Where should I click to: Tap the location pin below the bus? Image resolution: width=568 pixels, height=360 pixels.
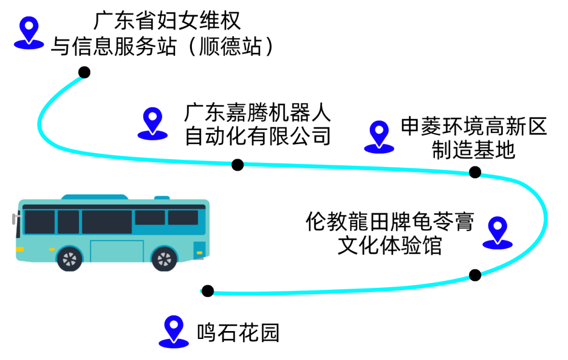pyautogui.click(x=174, y=330)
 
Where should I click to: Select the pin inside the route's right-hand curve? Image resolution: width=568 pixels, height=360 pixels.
pyautogui.click(x=498, y=231)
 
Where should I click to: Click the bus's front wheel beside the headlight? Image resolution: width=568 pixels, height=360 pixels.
pyautogui.click(x=69, y=258)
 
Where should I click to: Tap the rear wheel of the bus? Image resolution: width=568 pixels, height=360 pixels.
pyautogui.click(x=165, y=258)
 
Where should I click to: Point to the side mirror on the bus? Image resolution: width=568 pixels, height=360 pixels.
pyautogui.click(x=14, y=218)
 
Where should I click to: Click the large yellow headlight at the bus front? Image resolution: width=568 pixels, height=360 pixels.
pyautogui.click(x=19, y=249)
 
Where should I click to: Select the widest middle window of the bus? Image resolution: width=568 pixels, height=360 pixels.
pyautogui.click(x=107, y=222)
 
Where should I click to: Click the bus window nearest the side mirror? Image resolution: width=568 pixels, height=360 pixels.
pyautogui.click(x=39, y=222)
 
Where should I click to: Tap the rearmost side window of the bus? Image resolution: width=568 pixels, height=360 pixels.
pyautogui.click(x=183, y=217)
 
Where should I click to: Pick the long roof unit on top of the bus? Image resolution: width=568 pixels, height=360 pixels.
pyautogui.click(x=95, y=197)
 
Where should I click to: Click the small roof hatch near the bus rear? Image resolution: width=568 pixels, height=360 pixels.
pyautogui.click(x=162, y=197)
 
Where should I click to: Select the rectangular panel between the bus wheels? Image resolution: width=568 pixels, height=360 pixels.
pyautogui.click(x=117, y=251)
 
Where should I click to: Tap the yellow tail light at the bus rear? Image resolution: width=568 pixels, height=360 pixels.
pyautogui.click(x=199, y=253)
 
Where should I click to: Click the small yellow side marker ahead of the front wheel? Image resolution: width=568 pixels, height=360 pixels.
pyautogui.click(x=52, y=249)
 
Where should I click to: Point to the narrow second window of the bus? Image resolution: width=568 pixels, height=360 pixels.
pyautogui.click(x=68, y=222)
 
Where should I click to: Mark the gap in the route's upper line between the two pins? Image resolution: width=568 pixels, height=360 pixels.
pyautogui.click(x=238, y=164)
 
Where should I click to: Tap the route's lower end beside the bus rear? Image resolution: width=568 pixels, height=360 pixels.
pyautogui.click(x=202, y=291)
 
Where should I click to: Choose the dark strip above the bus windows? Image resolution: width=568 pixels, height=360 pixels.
pyautogui.click(x=114, y=207)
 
